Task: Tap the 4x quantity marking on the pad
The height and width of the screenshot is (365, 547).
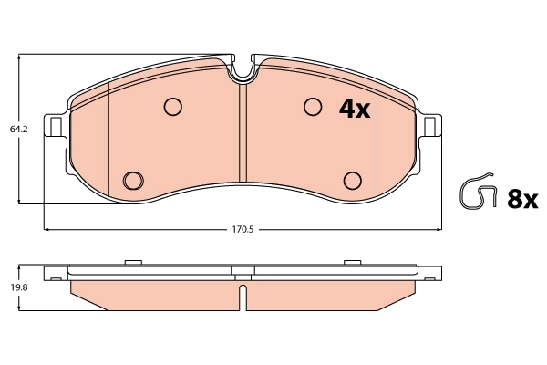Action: (x=354, y=109)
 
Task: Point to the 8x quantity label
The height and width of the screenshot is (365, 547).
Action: (x=523, y=198)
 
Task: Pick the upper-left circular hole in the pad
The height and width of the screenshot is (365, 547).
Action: (x=173, y=108)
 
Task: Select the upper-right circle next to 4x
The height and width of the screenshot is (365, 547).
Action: (x=314, y=108)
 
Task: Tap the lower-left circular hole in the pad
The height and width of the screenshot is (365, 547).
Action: (x=133, y=179)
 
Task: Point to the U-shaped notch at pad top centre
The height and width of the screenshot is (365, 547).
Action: (x=243, y=69)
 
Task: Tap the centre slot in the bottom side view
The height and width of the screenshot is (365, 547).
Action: (x=243, y=297)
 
